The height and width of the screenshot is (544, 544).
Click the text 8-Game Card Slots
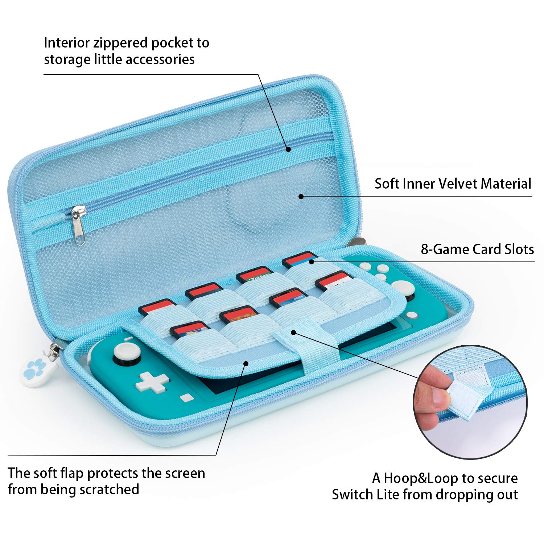[477, 250]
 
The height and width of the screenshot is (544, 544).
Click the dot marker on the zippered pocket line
[288, 149]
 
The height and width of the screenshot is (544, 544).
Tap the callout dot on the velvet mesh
[301, 196]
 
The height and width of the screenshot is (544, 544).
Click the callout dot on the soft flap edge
[246, 363]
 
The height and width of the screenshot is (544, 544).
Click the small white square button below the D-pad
[187, 397]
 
